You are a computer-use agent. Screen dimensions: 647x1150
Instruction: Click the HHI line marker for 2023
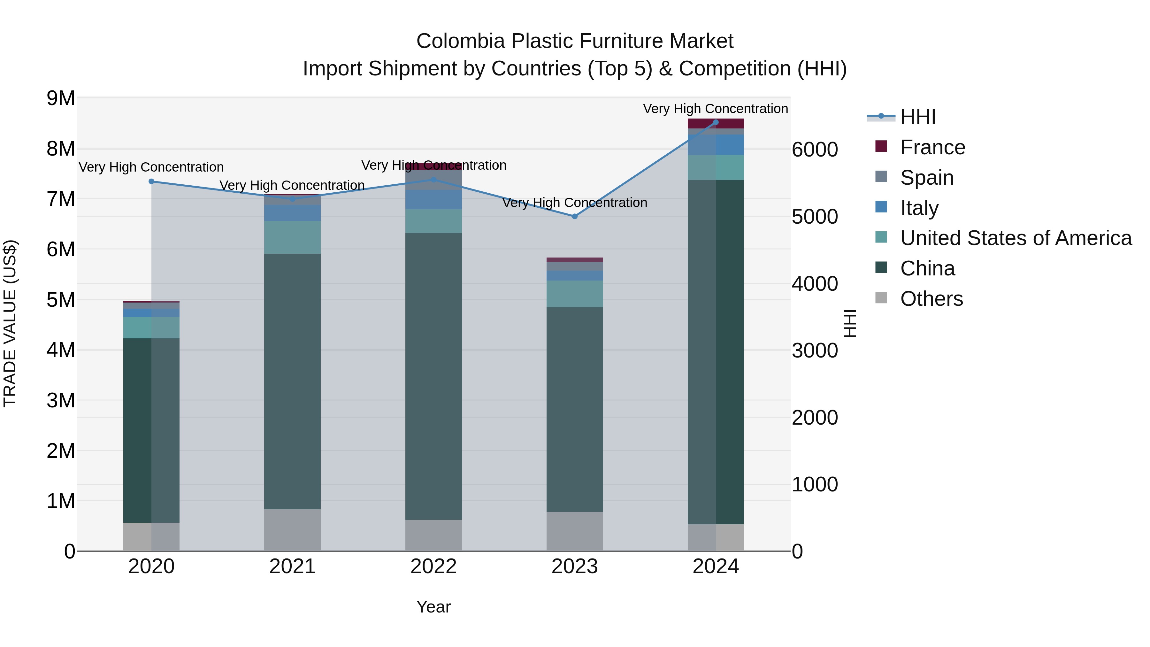coord(575,217)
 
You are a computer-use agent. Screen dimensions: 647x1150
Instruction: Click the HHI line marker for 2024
coord(716,122)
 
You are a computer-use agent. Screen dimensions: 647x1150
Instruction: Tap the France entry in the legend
coord(932,147)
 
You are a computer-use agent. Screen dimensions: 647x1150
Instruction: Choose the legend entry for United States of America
coord(1016,238)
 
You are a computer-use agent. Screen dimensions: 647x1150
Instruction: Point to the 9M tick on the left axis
coord(61,98)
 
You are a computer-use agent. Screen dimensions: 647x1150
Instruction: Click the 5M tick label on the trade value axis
coord(61,300)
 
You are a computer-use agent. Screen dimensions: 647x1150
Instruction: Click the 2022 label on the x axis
coord(433,566)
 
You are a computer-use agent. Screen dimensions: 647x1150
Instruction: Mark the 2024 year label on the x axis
coord(716,566)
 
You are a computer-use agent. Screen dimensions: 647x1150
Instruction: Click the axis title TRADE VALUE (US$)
coord(10,323)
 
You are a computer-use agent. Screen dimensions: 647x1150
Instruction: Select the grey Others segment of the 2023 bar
coord(575,531)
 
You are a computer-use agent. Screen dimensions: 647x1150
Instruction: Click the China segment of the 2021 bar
coord(292,382)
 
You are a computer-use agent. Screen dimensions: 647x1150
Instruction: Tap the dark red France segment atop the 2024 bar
coord(716,124)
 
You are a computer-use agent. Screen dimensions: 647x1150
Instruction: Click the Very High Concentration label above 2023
coord(575,203)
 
